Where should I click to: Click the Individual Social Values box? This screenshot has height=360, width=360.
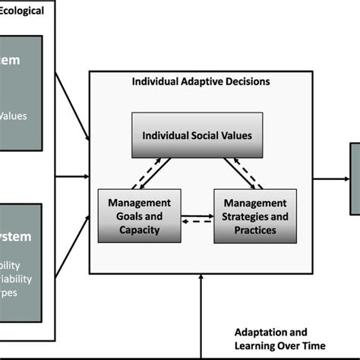coord(197,134)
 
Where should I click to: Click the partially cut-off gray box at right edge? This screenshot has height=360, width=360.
coord(354,178)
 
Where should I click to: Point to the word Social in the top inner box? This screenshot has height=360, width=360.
coord(197,134)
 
